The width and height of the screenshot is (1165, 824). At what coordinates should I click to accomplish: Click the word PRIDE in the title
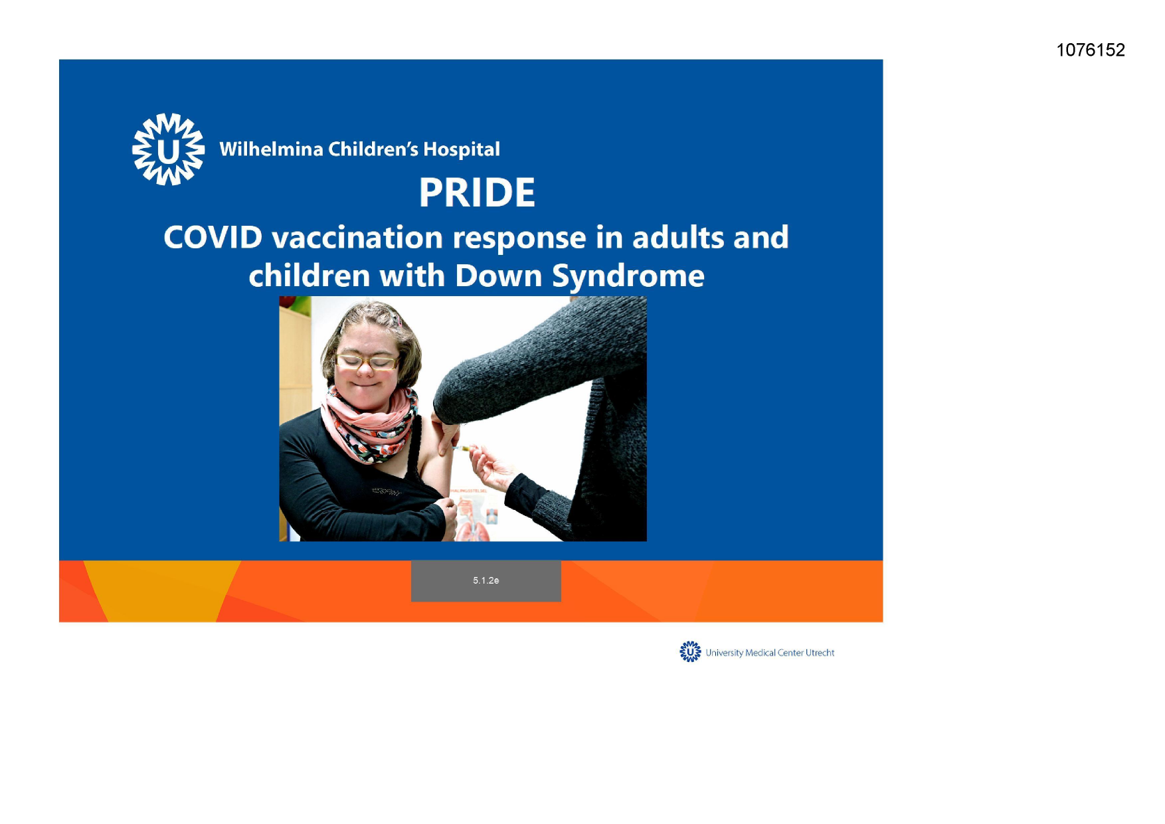pos(477,193)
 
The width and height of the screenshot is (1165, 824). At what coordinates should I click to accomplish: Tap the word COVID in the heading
pos(213,238)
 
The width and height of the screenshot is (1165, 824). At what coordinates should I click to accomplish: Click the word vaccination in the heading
pos(357,238)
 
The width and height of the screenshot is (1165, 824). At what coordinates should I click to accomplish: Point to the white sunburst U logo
pos(169,149)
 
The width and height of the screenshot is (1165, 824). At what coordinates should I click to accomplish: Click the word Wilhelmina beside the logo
pos(271,149)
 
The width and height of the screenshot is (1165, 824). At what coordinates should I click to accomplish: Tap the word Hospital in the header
pos(462,150)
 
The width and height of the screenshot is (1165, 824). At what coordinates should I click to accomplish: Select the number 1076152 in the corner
pos(1091,50)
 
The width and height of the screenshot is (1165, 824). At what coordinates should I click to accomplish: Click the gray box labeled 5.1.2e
pos(486,581)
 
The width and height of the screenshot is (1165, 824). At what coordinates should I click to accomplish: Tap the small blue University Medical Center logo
pos(690,651)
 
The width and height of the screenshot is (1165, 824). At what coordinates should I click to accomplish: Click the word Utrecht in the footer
pos(820,653)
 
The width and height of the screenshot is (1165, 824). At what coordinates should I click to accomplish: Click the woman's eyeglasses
pos(367,362)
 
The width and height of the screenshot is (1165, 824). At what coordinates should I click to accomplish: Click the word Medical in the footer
pos(761,653)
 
